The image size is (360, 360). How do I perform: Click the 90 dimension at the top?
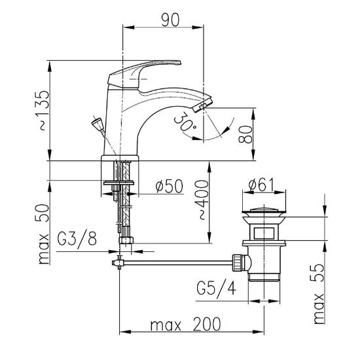tap(170, 20)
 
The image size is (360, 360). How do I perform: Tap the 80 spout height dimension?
tap(245, 134)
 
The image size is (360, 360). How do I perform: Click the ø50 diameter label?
tap(170, 186)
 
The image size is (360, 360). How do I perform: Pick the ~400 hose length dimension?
tap(202, 200)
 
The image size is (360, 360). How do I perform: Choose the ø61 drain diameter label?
tap(262, 185)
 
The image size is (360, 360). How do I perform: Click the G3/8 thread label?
tap(77, 238)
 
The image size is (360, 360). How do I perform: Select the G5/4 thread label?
tap(216, 288)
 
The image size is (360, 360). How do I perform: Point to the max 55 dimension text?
tap(319, 294)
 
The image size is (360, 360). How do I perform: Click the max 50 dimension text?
tap(43, 234)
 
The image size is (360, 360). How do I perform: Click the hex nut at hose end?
tap(126, 240)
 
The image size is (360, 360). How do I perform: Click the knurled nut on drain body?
tap(238, 262)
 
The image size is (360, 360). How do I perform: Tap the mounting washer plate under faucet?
tap(118, 183)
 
